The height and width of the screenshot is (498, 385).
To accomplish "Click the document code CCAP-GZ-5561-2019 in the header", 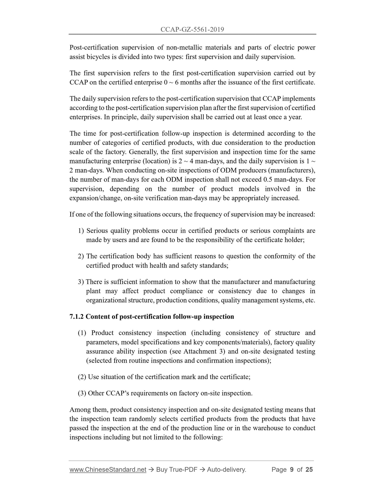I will (x=192, y=30).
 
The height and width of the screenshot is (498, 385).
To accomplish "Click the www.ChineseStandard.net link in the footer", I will (x=108, y=470).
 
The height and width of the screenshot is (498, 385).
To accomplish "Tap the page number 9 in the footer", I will (x=292, y=470).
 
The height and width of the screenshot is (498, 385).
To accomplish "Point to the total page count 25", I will (x=309, y=470).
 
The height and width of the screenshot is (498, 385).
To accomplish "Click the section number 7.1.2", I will (x=77, y=317).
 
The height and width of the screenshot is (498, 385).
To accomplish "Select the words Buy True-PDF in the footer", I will (x=177, y=470).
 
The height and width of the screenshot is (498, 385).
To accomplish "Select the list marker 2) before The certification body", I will (x=81, y=256).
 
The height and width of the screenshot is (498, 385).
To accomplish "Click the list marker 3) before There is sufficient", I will (x=81, y=282).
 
